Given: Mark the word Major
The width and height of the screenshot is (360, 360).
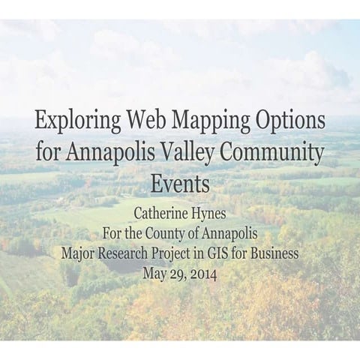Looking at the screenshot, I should tap(80, 253).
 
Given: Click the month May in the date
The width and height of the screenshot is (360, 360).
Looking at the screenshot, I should tap(154, 272).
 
